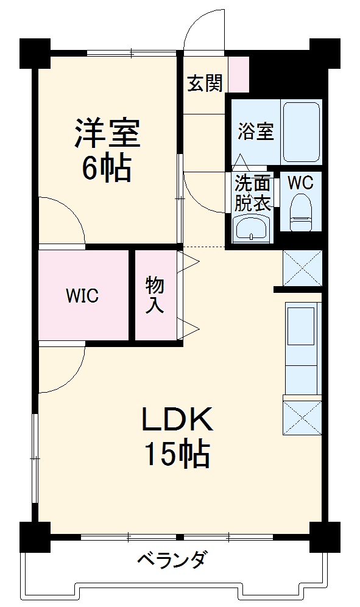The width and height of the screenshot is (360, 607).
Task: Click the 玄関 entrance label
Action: pos(205,83)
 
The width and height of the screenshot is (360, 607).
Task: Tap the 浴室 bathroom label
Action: pos(255,132)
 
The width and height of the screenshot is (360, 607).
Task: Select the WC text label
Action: pos(300,183)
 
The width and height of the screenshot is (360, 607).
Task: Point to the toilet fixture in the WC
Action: pos(301,212)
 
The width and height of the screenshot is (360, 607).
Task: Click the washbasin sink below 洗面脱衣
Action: pos(252,229)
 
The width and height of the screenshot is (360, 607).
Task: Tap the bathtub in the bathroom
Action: pos(302,132)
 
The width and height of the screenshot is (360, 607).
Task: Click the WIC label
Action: pos(82,296)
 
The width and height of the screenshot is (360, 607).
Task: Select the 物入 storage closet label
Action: pos(155,295)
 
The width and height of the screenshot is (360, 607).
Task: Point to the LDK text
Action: pos(177,419)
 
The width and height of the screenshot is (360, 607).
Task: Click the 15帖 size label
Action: pos(177,454)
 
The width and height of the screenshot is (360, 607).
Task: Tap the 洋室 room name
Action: pos(107,133)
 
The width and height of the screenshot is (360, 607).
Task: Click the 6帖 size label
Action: pos(105,168)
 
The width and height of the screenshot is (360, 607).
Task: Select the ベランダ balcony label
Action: pos(172,559)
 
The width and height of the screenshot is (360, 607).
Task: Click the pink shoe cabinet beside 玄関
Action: pos(238,74)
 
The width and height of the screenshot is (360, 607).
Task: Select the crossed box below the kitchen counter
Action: pos(302,418)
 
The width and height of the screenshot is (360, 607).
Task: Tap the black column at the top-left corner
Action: pos(35,54)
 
